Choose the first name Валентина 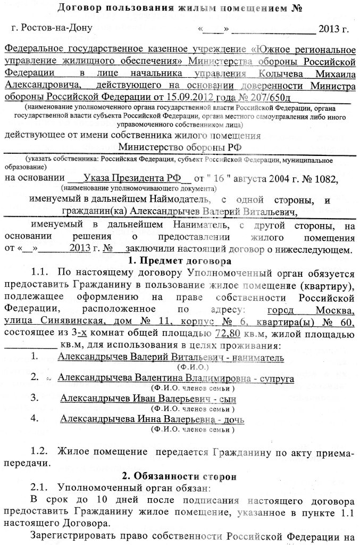click(x=156, y=377)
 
